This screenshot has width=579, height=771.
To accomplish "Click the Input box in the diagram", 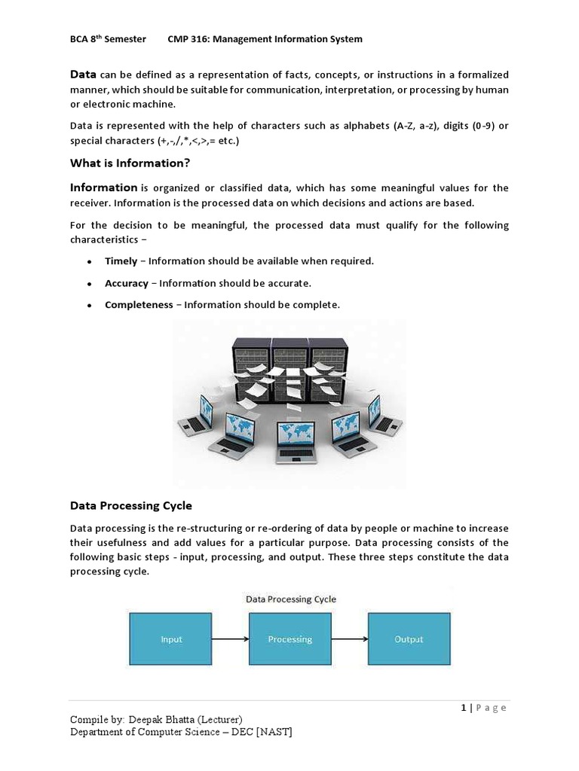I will coord(172,639).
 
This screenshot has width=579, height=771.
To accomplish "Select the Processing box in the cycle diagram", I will coord(289,639).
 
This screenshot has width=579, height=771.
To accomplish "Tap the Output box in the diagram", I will coord(409,639).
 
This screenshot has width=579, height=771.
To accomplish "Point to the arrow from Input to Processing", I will coord(230,639).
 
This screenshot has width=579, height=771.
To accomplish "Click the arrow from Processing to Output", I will coord(349,639).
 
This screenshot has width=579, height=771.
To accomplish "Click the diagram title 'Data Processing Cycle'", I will coord(291,599).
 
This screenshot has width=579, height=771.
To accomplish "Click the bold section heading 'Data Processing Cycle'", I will coord(132,505).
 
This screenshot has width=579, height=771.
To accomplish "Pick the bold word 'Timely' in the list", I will coord(121,261).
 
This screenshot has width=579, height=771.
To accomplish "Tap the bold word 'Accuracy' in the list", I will coord(126,283).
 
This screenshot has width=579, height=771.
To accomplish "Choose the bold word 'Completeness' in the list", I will coord(138,305).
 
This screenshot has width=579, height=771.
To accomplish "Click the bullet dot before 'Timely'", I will coord(89,262).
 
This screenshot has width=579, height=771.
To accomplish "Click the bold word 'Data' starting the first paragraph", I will coord(83,75).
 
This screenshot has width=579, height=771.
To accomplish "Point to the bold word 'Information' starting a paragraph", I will coord(104,187).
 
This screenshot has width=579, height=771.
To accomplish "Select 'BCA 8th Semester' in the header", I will coord(108,39).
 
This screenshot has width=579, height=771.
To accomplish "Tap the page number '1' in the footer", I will coord(462,708).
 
